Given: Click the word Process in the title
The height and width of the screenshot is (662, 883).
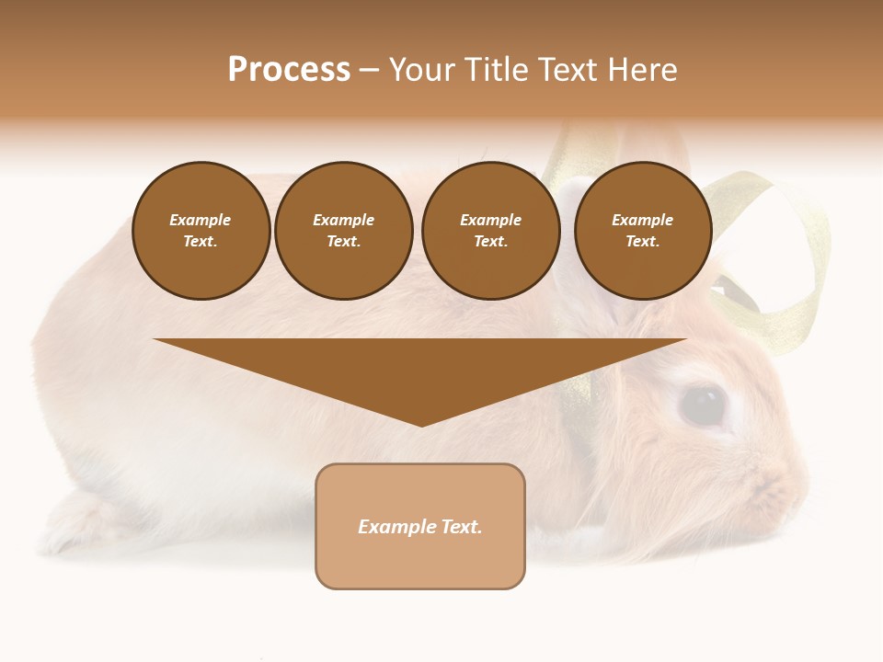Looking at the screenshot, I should point(289,70).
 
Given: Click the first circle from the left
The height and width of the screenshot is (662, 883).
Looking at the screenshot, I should point(201,231).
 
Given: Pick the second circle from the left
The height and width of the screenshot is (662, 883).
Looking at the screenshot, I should point(344,231).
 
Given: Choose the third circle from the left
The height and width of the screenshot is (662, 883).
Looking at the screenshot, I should point(491,231).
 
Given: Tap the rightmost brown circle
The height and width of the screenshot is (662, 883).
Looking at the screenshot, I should point(643,231).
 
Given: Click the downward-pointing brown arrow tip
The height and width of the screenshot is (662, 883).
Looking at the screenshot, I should point(421,418).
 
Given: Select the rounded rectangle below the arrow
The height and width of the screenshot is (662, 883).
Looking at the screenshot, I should point(420,526).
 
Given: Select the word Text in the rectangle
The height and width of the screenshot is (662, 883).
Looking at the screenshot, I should point(462,527).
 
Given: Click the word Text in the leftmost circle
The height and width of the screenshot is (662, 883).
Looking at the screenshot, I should point(200,242).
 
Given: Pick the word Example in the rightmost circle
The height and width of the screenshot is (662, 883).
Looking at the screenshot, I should point(642,220).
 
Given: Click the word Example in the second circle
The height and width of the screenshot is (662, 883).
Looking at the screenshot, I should point(343,220).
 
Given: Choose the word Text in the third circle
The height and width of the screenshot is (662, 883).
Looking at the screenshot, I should point(490,242).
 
